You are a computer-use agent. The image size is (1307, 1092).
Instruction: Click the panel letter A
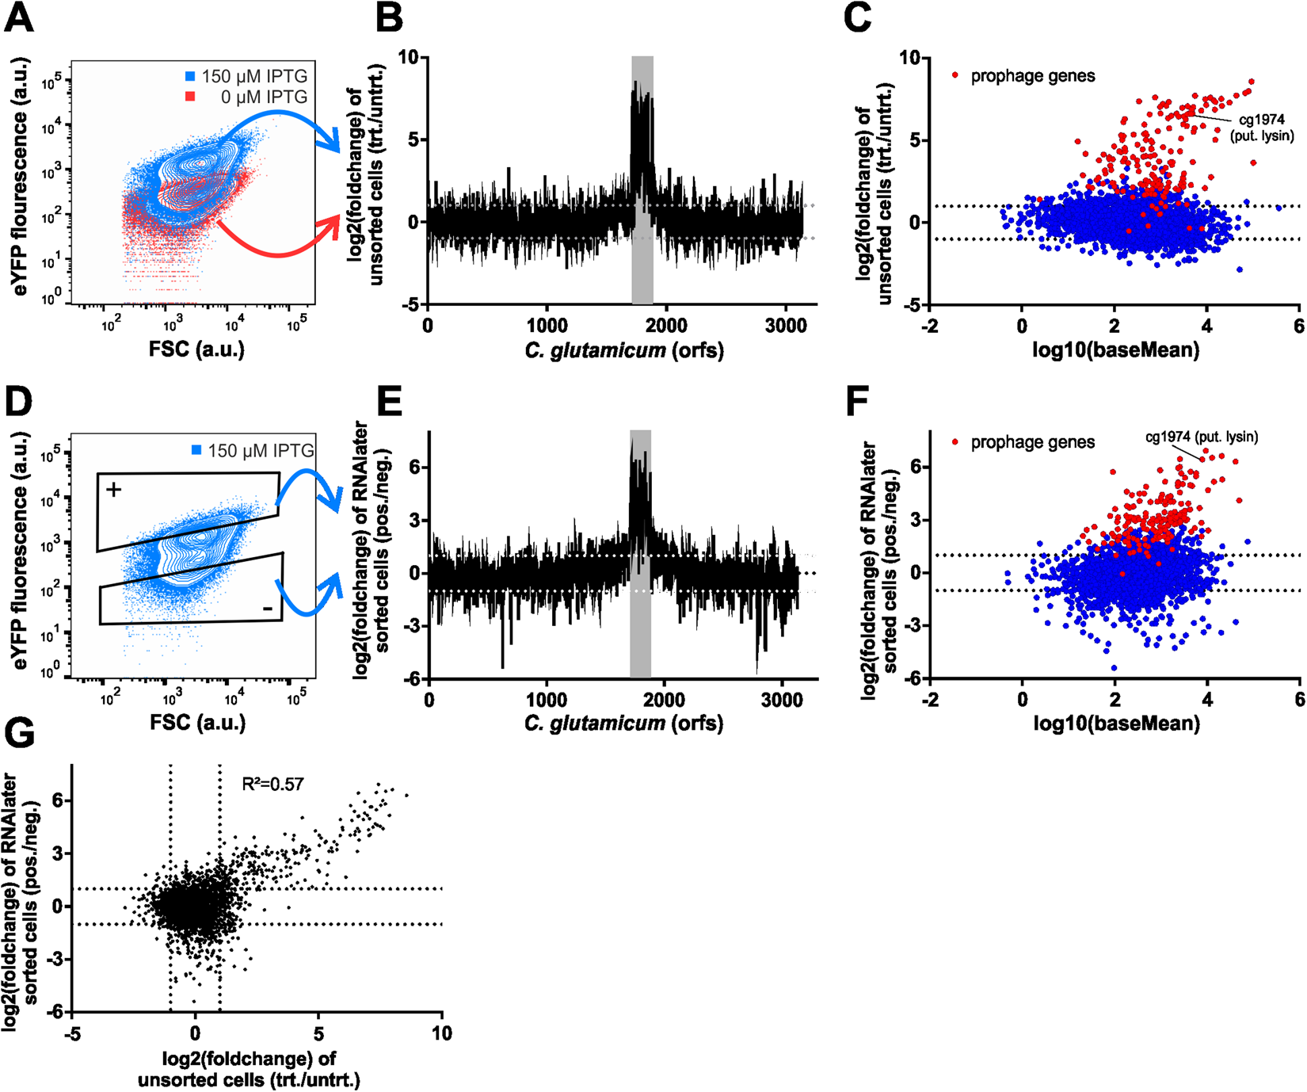[19, 17]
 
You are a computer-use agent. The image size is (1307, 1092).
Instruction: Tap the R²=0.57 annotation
[272, 785]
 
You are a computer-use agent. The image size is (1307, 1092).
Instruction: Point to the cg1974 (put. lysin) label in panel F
[1202, 437]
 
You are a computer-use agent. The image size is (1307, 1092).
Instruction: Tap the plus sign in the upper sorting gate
[114, 490]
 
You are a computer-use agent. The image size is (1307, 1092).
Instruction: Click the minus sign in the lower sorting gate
[268, 609]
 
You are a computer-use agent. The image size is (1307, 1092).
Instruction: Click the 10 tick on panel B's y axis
[408, 57]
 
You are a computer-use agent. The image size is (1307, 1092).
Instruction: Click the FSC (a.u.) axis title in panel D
[196, 722]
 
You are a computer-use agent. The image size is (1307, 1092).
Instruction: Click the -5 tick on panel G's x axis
[72, 1033]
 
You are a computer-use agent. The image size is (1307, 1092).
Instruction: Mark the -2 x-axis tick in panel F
[930, 700]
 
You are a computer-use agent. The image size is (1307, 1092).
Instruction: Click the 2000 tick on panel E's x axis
[664, 700]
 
